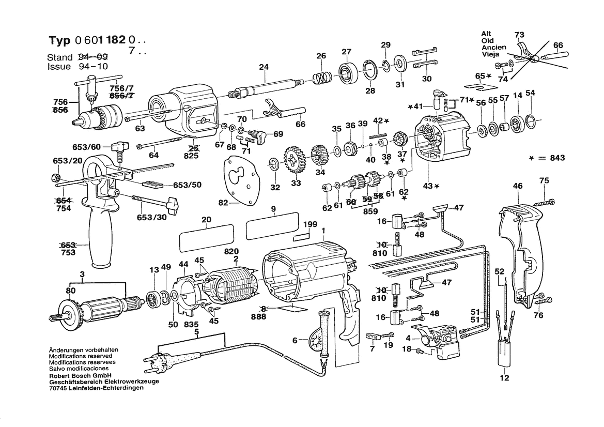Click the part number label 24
pos(264,67)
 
